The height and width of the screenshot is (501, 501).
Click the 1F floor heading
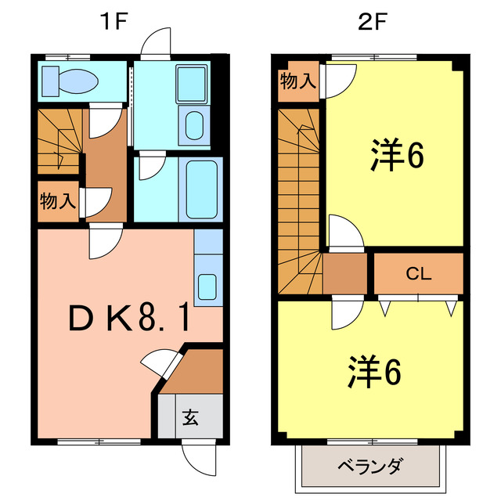(x=113, y=22)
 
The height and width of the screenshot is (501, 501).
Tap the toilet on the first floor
(x=70, y=80)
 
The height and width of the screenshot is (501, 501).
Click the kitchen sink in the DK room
(x=207, y=285)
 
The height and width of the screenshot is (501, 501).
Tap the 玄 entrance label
(x=190, y=416)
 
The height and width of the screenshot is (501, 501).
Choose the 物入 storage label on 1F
(x=57, y=200)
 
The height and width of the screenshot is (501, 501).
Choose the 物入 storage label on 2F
(x=299, y=81)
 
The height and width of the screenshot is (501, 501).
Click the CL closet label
(x=418, y=274)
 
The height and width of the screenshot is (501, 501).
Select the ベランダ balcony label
(x=370, y=467)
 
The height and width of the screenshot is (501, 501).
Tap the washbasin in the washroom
(x=193, y=124)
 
